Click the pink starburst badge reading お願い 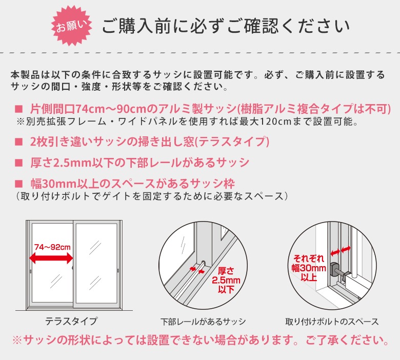[x=71, y=26]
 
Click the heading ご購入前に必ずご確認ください [x=226, y=26]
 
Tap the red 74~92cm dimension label [x=52, y=247]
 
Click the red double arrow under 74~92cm [x=51, y=258]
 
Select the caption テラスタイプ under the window [x=71, y=321]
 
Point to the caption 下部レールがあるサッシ [x=203, y=322]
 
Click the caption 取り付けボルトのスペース [x=332, y=322]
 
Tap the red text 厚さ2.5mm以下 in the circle [x=226, y=280]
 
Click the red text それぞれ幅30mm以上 [x=309, y=268]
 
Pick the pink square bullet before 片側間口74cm [x=18, y=109]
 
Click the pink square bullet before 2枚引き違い [x=18, y=142]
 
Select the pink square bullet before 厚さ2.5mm [x=18, y=163]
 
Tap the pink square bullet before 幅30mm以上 [x=18, y=184]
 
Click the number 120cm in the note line [x=275, y=122]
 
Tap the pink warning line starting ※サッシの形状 [x=201, y=340]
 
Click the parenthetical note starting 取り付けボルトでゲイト [x=152, y=196]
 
